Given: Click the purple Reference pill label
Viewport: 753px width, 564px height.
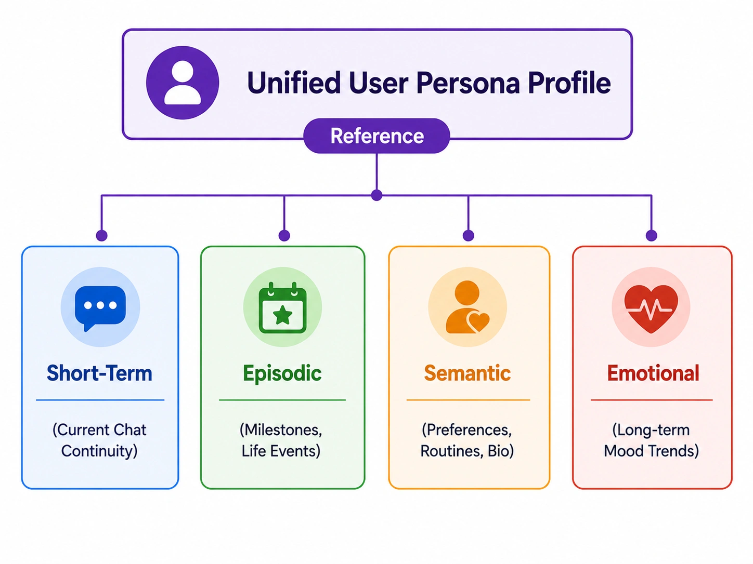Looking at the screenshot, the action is [377, 136].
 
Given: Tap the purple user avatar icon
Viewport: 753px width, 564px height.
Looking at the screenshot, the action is [183, 83].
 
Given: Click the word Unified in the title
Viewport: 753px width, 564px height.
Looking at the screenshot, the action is [294, 83].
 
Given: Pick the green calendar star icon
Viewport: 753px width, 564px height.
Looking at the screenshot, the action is [283, 307].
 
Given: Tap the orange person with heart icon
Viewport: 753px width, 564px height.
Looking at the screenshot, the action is [467, 307].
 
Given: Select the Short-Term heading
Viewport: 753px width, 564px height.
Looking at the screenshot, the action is [99, 373].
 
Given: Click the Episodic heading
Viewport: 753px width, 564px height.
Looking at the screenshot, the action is [282, 373].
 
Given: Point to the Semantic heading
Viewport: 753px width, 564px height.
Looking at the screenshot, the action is [467, 373].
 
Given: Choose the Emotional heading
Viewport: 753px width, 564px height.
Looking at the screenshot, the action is [653, 373].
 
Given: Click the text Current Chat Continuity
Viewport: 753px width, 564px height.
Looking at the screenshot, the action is [99, 440].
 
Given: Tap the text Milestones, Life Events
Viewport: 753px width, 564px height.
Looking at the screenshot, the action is [281, 440].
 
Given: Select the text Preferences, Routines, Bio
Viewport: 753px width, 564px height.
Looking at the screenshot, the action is [467, 440].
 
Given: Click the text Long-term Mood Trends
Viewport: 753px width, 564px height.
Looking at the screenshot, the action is [651, 440].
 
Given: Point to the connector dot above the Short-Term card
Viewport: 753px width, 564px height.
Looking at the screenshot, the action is [101, 235].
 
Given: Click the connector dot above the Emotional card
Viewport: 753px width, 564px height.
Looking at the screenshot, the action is [652, 235].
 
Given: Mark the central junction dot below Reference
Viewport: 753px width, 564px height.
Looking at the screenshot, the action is [377, 195].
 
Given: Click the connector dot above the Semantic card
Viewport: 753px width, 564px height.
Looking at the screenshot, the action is [468, 235].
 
